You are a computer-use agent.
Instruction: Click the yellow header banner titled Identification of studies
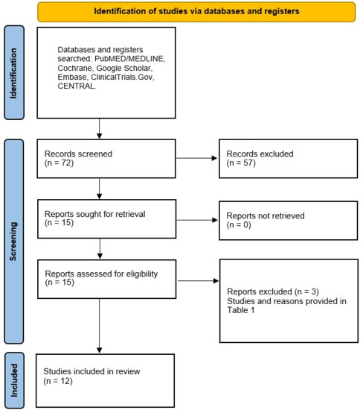[x=193, y=11]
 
